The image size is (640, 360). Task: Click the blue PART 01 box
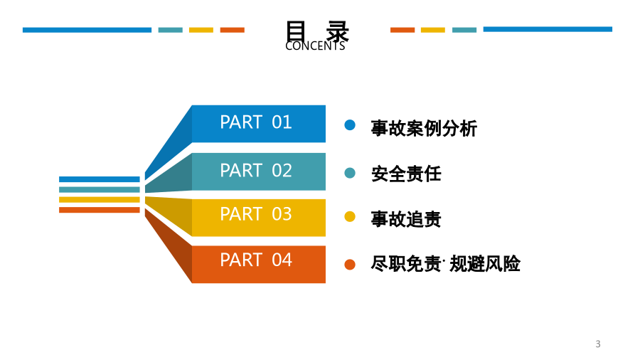(x=258, y=124)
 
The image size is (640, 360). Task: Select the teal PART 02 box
(x=258, y=171)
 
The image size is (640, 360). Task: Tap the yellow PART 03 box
(x=258, y=218)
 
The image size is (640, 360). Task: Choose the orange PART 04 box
(x=258, y=264)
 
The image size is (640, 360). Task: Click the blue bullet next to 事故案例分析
(x=350, y=125)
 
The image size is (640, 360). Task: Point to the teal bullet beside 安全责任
(x=350, y=173)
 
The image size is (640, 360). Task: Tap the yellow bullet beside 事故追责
(x=350, y=216)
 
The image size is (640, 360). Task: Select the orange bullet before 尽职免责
(x=350, y=265)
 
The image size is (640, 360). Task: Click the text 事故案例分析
(x=424, y=128)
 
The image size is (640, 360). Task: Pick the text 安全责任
(x=406, y=174)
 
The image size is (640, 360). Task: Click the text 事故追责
(x=406, y=219)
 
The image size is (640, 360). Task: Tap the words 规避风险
(x=485, y=264)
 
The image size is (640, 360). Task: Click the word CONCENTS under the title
(x=315, y=46)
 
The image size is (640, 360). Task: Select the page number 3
(x=598, y=344)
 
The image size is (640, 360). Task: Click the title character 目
(x=296, y=31)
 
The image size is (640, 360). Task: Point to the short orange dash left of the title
(x=233, y=30)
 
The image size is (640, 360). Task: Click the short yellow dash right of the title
(x=432, y=30)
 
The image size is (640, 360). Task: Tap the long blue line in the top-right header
(x=548, y=29)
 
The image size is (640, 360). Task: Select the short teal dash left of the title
(x=170, y=30)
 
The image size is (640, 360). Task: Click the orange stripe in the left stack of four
(x=99, y=210)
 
